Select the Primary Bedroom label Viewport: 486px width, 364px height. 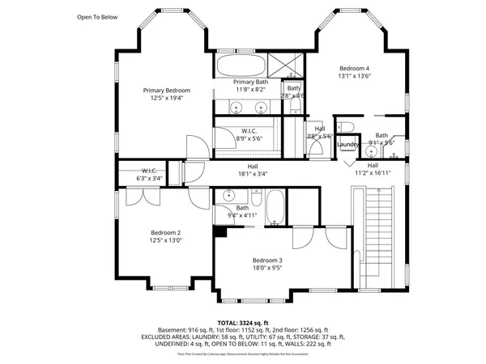[x=167, y=90]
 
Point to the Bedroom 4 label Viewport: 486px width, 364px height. [x=355, y=68]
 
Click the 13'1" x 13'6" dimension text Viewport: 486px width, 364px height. [x=355, y=77]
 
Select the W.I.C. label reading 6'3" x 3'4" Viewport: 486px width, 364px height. [x=149, y=171]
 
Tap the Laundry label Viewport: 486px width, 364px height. [x=348, y=145]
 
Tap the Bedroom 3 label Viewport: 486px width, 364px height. [x=267, y=260]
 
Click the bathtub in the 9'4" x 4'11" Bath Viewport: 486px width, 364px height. [x=275, y=208]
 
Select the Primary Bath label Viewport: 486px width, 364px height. [x=250, y=83]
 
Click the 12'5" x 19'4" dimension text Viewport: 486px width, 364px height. [x=167, y=98]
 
